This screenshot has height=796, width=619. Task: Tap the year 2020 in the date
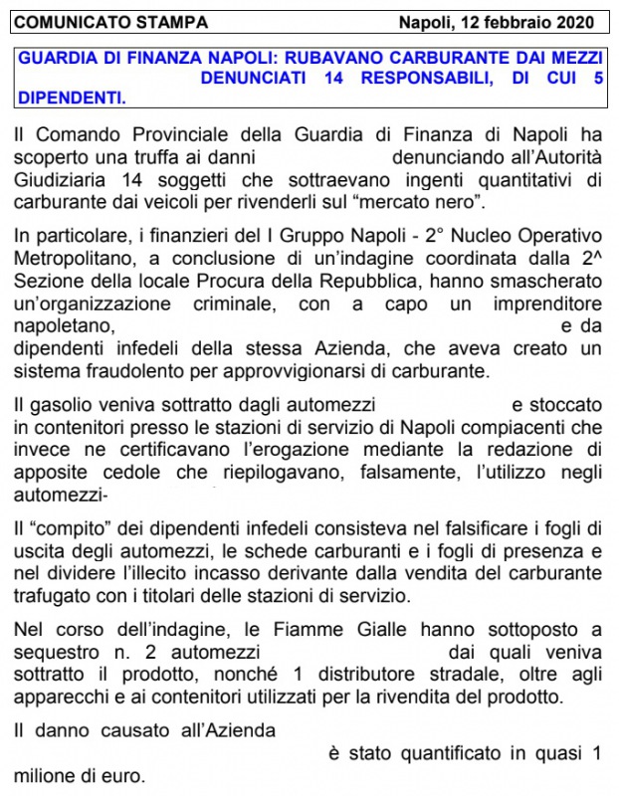pyautogui.click(x=573, y=22)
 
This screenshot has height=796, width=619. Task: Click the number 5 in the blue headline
pyautogui.click(x=597, y=78)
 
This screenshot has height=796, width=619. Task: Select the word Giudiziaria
pyautogui.click(x=65, y=179)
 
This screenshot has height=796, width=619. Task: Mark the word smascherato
pyautogui.click(x=546, y=282)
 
